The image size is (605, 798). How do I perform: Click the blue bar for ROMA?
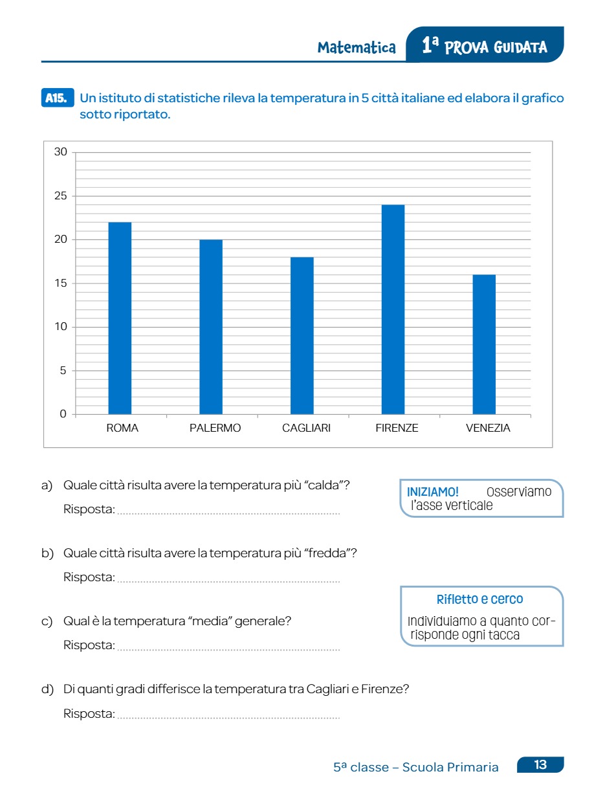coord(120,318)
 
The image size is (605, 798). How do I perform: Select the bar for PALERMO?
coord(211,327)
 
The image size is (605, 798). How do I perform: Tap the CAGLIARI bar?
coord(302,335)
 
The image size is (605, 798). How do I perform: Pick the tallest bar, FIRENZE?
coord(393,309)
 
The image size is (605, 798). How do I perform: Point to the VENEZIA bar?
coord(484,344)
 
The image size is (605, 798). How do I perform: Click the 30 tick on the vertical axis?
coord(61,153)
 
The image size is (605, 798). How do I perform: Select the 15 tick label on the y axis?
coord(61,283)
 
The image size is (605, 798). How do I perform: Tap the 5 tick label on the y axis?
coord(63,371)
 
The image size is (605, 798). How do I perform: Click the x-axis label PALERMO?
coord(215,428)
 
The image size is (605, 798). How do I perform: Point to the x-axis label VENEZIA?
coord(488,428)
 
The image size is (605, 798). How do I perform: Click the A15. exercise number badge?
coord(58,98)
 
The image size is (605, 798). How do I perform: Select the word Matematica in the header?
coord(357,48)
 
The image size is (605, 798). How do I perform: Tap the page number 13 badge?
coord(540,765)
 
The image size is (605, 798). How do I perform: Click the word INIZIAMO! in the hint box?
coord(433,492)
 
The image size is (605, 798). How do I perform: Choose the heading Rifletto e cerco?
coord(480,599)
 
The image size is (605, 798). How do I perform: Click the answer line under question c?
coord(228,649)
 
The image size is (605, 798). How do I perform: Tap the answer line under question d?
coord(228,718)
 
